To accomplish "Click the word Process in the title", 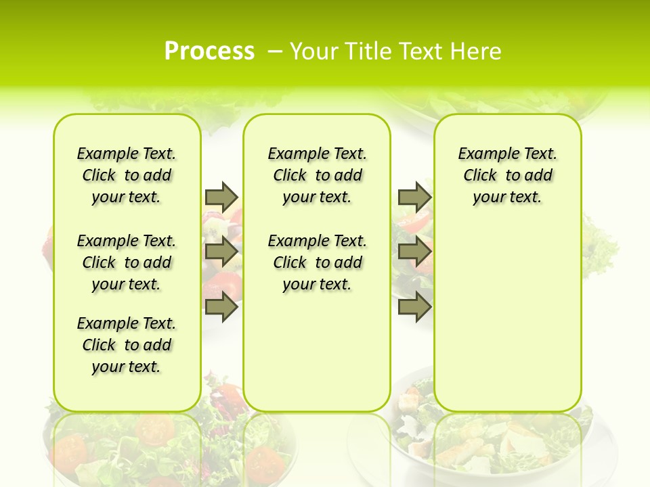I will (209, 51).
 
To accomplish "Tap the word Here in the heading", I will (475, 51).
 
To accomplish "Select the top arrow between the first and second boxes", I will (221, 197).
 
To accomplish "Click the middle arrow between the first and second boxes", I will (221, 252).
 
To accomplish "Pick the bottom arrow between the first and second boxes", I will (221, 307).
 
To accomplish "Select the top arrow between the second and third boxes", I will (414, 197).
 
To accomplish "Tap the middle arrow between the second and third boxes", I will (414, 252).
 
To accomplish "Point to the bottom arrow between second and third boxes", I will (414, 307).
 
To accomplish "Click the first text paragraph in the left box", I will (127, 175).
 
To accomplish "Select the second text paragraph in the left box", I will (127, 262).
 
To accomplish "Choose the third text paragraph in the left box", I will (127, 345).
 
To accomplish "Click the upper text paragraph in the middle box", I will (317, 175).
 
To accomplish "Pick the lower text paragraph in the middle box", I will (317, 262).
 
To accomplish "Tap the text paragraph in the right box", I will (508, 175).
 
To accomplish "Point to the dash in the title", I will (275, 51).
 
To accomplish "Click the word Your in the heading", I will (313, 51).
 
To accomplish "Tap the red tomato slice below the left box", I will (154, 428).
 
